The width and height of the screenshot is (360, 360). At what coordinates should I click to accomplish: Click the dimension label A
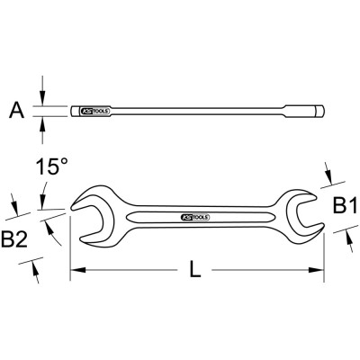(17, 110)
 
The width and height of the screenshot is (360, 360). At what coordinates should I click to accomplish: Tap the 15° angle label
(52, 166)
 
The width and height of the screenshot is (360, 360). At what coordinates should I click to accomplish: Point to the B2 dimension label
(14, 239)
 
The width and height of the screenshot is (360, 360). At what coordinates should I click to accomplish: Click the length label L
(195, 269)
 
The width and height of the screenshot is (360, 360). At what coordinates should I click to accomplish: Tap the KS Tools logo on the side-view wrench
(95, 112)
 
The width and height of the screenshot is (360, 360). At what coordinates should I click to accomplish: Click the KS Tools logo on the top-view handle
(195, 218)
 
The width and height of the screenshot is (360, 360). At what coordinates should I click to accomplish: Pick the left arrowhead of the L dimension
(77, 270)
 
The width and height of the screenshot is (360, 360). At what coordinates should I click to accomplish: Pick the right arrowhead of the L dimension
(317, 270)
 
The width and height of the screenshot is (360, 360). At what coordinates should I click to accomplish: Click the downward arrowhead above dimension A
(42, 98)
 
